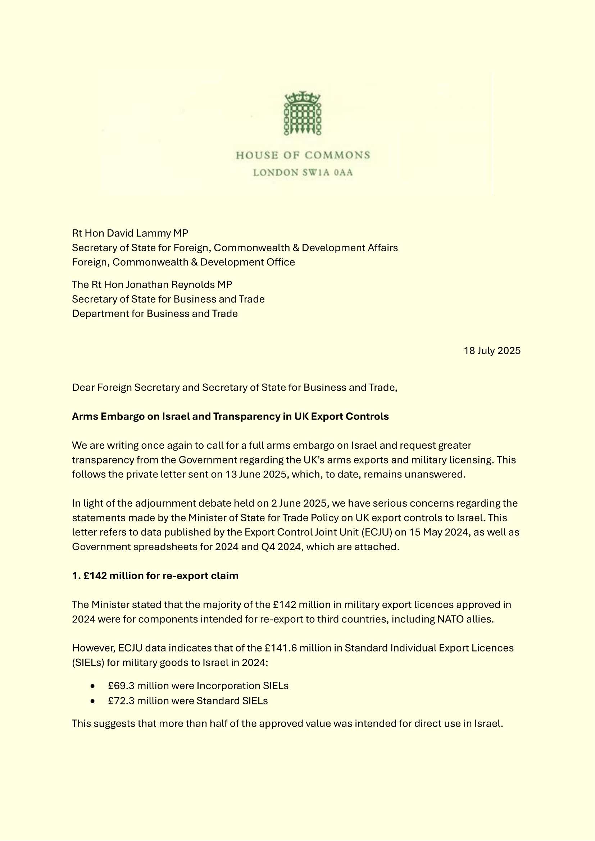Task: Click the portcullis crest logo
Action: pyautogui.click(x=303, y=114)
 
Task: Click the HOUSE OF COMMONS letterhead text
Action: pyautogui.click(x=303, y=155)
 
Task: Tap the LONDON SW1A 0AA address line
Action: pyautogui.click(x=303, y=173)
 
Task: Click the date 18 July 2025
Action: pyautogui.click(x=492, y=351)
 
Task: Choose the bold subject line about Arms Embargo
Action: pyautogui.click(x=230, y=416)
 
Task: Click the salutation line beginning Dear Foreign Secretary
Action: pyautogui.click(x=235, y=388)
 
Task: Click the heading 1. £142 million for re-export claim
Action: pyautogui.click(x=155, y=576)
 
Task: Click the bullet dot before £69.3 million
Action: pyautogui.click(x=93, y=686)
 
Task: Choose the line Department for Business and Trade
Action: pyautogui.click(x=155, y=314)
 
